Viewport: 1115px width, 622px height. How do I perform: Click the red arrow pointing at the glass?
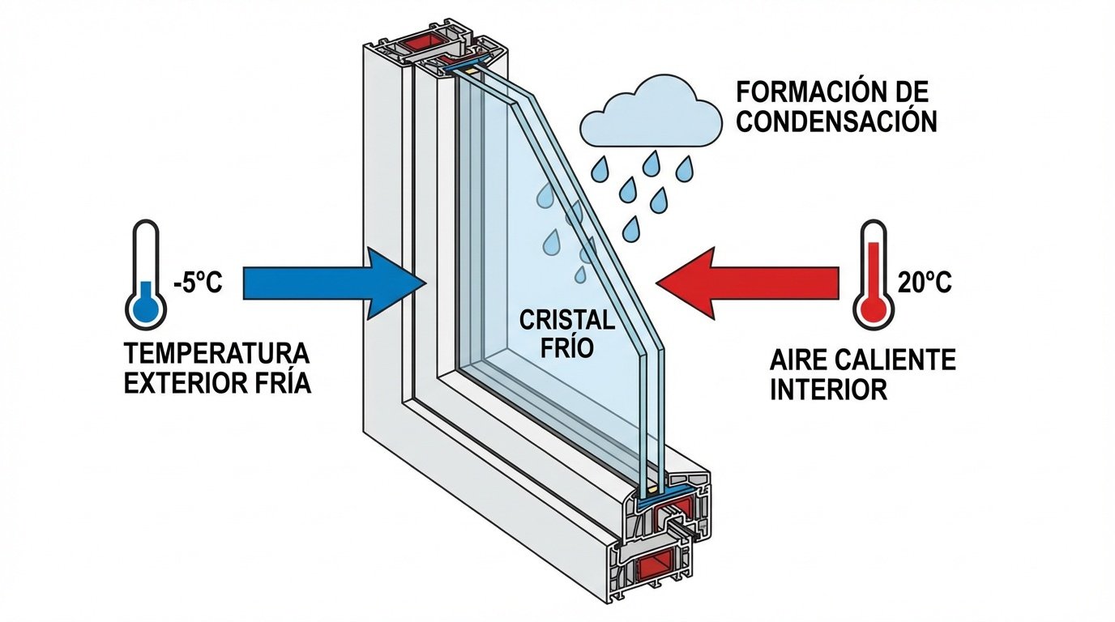click(x=745, y=283)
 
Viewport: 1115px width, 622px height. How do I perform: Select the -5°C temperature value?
click(x=197, y=284)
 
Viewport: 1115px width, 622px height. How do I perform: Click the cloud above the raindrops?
click(x=651, y=113)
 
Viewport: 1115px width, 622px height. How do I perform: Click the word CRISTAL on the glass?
click(x=566, y=321)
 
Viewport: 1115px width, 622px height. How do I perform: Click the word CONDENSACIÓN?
click(x=836, y=121)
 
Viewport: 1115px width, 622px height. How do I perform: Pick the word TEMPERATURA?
click(x=216, y=355)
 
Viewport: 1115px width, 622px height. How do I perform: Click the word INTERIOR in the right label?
click(x=828, y=390)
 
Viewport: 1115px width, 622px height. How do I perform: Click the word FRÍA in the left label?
click(x=284, y=383)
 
